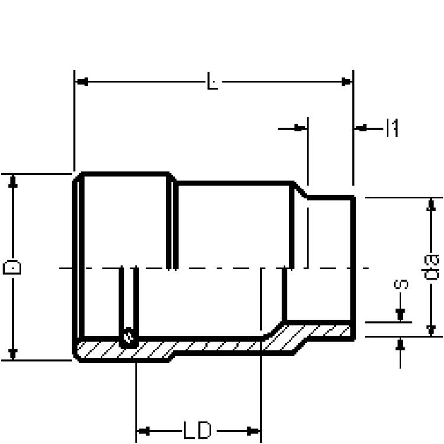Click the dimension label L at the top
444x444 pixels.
[213, 81]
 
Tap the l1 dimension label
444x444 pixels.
[392, 128]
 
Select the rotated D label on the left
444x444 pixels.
[12, 268]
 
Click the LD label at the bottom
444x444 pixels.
[197, 431]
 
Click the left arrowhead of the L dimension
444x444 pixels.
[82, 82]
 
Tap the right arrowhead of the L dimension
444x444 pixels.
[346, 82]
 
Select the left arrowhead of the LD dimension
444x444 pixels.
[143, 431]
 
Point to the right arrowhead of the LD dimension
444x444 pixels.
[253, 431]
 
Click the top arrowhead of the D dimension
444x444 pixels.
[13, 182]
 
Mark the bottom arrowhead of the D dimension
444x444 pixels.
[13, 354]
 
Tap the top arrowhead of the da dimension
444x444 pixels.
[431, 205]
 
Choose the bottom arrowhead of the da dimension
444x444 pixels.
[431, 330]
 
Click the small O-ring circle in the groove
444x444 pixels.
[129, 337]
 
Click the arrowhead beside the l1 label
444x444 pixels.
[361, 128]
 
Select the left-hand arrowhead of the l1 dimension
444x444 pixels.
[300, 128]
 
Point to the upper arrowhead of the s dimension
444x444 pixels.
[400, 315]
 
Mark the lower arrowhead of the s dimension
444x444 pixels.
[400, 345]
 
